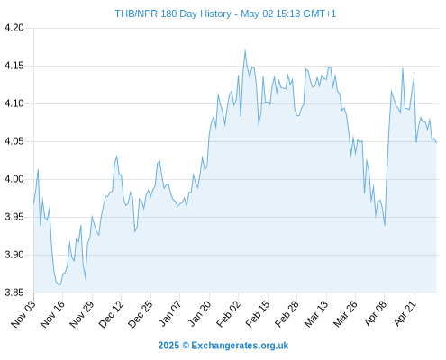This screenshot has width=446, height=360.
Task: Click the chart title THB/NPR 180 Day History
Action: point(173,13)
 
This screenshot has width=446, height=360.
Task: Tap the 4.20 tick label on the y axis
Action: point(14,28)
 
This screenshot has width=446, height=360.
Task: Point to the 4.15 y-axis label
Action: point(14,66)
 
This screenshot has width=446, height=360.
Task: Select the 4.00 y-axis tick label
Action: point(14,179)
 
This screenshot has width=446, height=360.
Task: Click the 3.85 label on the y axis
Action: point(14,292)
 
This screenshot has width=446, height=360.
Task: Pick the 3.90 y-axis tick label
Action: point(14,255)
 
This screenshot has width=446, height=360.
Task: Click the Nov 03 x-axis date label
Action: point(23,313)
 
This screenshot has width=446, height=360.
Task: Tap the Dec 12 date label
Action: point(111,313)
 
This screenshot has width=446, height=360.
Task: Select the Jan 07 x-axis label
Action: point(169,313)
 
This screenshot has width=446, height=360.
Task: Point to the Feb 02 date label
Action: point(228,313)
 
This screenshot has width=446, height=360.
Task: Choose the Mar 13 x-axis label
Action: point(316,313)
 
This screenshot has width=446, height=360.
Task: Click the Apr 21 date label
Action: point(405,313)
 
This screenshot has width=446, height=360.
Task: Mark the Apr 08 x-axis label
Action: point(375,313)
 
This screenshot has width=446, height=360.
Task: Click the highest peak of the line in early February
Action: point(245,50)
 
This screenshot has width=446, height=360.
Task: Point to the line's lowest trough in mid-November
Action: point(59,284)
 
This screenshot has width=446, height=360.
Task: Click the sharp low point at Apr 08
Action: point(385,225)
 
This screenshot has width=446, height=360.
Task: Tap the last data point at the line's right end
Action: point(436,143)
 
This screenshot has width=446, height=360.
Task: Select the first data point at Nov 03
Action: point(33,203)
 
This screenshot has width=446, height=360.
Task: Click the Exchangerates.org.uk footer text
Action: point(240,346)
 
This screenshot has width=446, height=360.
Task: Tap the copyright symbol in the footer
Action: point(186,346)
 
